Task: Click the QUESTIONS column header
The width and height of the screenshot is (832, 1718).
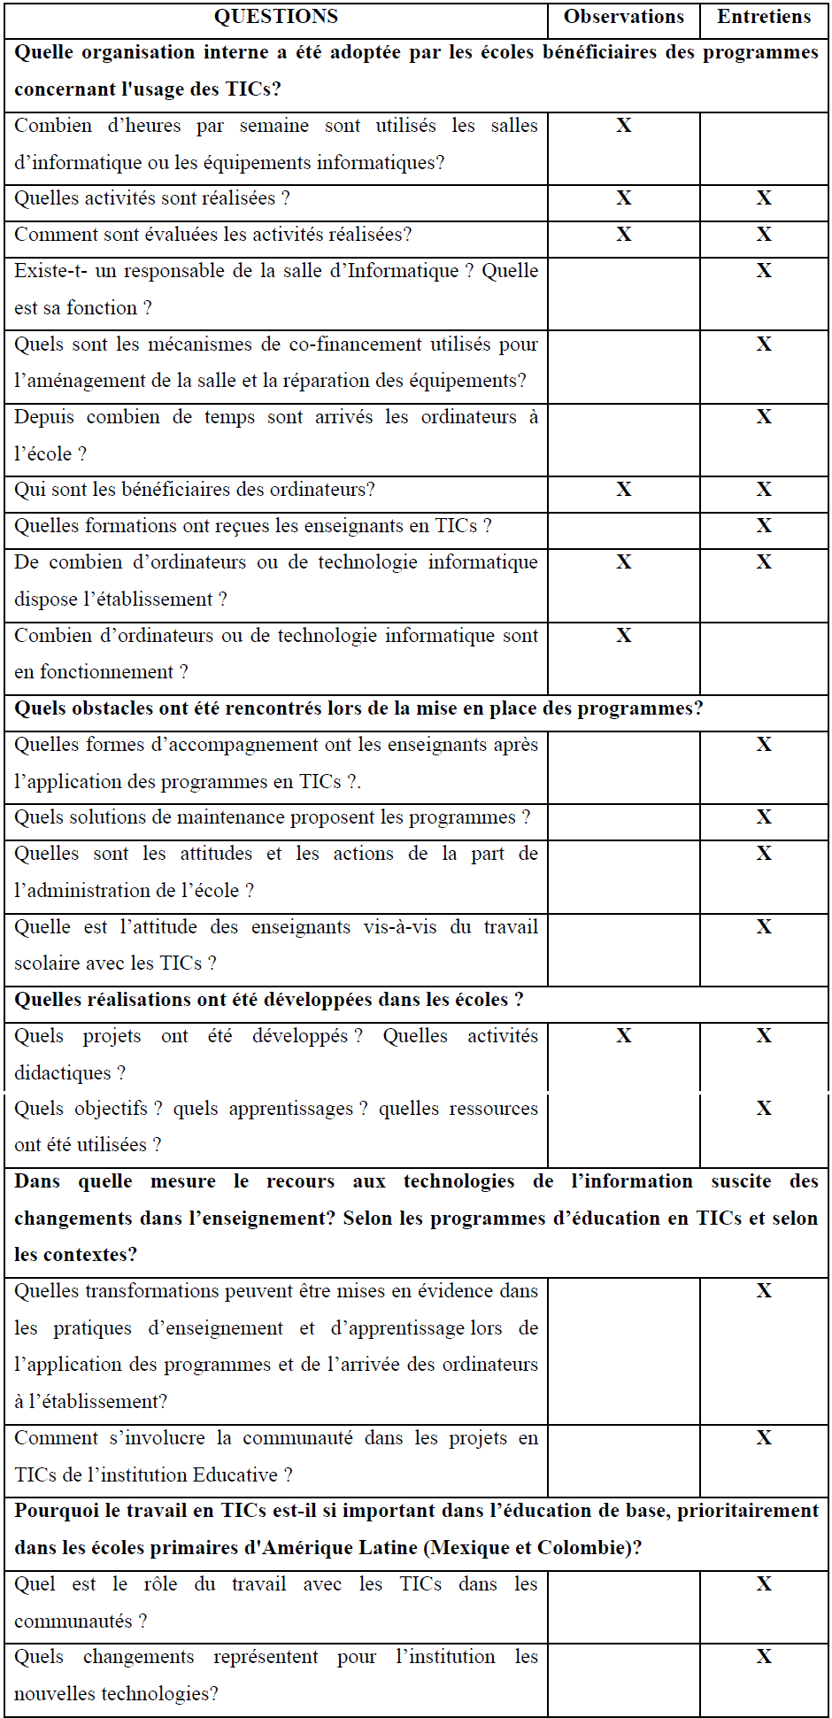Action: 275,17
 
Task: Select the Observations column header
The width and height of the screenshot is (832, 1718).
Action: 623,17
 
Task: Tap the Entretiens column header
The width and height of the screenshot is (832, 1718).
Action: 763,17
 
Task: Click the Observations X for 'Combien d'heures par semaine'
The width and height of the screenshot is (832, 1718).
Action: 624,126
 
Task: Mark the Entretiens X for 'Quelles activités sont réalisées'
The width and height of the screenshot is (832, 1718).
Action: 764,198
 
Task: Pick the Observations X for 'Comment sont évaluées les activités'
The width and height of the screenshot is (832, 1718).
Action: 624,235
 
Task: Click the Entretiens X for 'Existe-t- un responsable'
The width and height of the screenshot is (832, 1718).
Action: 764,271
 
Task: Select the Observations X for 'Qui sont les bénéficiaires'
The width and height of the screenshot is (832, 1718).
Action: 624,490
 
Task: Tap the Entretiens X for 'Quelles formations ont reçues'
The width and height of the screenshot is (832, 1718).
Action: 764,526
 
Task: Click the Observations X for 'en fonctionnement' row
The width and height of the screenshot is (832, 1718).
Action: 624,636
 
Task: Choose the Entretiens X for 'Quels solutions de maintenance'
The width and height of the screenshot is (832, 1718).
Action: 764,817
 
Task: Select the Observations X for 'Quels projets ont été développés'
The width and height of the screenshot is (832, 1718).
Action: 624,1036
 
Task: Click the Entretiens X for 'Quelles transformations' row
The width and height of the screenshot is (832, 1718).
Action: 764,1291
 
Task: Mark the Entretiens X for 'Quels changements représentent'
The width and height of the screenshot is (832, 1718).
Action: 764,1657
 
